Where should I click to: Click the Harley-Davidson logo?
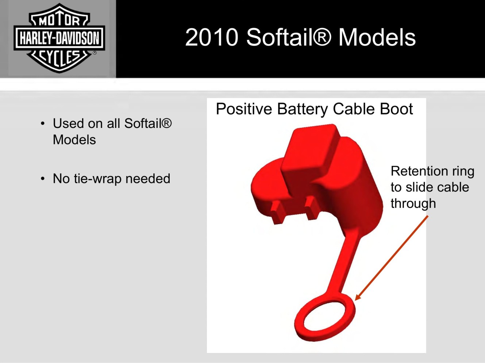click(59, 38)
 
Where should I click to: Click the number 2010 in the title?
click(212, 37)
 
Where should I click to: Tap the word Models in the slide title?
click(377, 37)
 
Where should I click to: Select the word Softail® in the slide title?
click(289, 37)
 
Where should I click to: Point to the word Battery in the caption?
click(303, 109)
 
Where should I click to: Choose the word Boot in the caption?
click(396, 109)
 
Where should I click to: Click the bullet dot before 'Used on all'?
click(43, 123)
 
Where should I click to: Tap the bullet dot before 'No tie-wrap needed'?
click(43, 179)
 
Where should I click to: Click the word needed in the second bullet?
click(148, 178)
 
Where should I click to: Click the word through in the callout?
click(413, 203)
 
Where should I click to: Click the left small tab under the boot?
click(277, 213)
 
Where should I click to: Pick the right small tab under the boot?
click(311, 208)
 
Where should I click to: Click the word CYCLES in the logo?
click(59, 58)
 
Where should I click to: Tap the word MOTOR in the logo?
click(59, 22)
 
